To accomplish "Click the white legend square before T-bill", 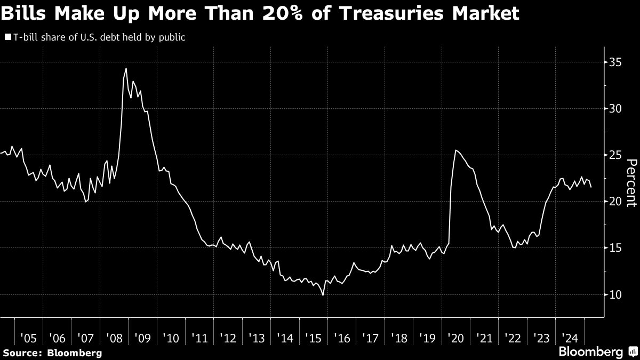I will click(8, 38).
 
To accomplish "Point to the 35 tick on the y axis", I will click(615, 62).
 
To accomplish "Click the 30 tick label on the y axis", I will click(615, 108).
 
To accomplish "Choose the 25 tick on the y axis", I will click(615, 155).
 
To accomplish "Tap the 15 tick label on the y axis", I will click(615, 248).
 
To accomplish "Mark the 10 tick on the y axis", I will click(615, 294).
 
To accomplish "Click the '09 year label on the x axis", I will click(143, 338).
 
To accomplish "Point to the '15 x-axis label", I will click(314, 338).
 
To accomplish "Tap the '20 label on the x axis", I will click(456, 338).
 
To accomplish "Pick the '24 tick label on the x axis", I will click(570, 338).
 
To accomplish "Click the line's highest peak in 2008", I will click(126, 68).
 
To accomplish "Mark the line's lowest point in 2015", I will click(323, 294).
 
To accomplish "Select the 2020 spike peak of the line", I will click(455, 150).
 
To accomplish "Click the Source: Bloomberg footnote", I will click(52, 353).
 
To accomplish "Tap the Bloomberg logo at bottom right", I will click(597, 352).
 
